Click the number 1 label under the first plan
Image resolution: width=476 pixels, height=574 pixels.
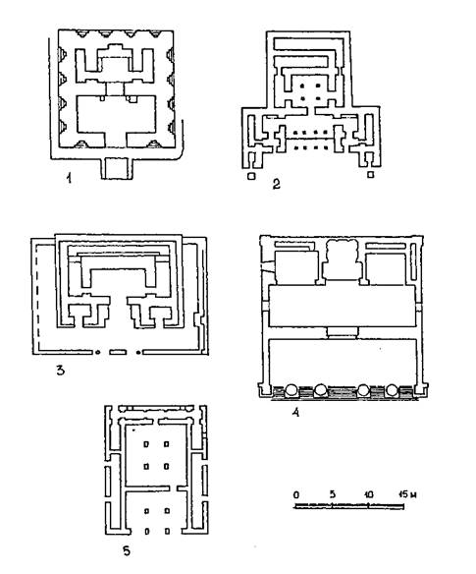pos(69,178)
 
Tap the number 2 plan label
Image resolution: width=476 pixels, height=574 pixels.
pos(277,184)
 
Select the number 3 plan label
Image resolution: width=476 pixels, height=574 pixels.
pos(60,371)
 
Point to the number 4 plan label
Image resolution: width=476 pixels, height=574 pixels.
pos(295,413)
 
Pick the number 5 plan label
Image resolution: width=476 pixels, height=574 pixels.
pos(127,550)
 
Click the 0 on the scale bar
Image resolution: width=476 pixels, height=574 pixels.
pos(296,495)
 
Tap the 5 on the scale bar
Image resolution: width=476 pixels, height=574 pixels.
pos(332,494)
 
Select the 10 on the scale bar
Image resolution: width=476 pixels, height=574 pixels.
pos(368,494)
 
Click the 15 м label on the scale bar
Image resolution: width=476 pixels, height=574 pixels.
pos(407,494)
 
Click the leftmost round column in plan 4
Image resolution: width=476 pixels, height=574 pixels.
pos(291,390)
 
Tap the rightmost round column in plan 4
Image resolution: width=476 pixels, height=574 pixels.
pos(392,390)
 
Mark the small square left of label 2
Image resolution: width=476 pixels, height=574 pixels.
pos(251,176)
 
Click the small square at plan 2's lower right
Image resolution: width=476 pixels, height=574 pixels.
pos(371,175)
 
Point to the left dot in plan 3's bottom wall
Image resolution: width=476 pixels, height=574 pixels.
pos(97,353)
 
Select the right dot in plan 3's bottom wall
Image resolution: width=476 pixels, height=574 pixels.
pos(138,353)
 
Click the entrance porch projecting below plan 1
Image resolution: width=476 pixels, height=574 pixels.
pos(116,169)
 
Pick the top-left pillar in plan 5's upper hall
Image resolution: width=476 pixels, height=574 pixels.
pos(146,444)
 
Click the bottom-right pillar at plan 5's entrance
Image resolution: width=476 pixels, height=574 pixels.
pos(167,531)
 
